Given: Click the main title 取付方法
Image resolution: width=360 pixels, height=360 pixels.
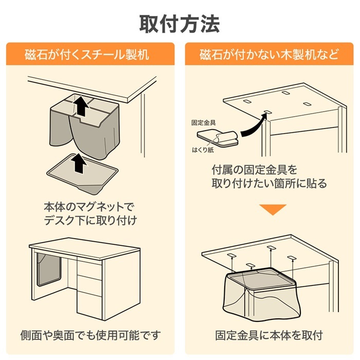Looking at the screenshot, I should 179,23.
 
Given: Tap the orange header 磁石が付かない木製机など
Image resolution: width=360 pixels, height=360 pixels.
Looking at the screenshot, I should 269,54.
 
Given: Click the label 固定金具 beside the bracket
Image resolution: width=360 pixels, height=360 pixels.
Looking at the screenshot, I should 203,123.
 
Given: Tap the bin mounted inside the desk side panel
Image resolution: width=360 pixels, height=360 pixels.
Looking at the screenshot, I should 50,270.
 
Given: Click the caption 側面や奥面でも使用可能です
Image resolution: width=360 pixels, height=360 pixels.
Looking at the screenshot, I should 91,335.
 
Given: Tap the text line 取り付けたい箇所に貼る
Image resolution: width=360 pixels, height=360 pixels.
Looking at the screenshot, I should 269,183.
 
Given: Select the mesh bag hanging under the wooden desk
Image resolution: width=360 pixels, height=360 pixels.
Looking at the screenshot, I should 262,293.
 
